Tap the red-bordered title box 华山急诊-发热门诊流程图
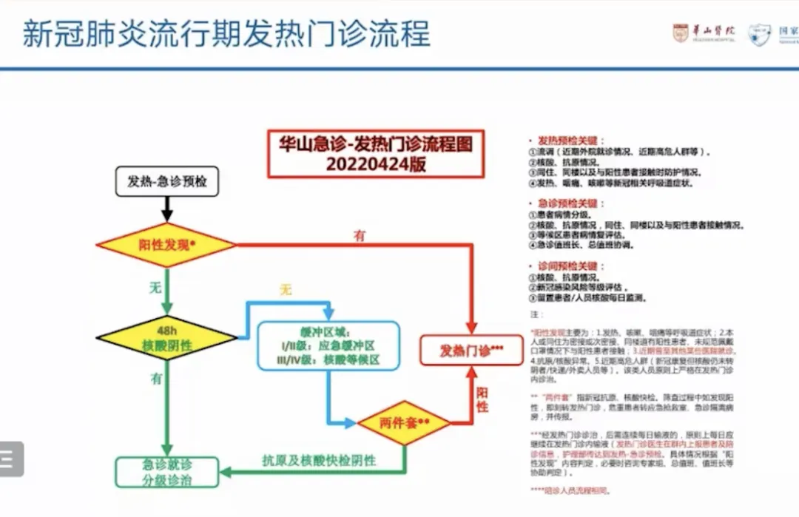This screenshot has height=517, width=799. [376, 154]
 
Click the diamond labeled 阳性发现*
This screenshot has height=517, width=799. [166, 244]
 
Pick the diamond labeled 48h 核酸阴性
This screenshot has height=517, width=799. [166, 338]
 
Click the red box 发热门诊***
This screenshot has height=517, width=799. [471, 351]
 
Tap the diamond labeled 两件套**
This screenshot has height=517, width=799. [404, 424]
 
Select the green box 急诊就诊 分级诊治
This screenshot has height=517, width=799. [167, 472]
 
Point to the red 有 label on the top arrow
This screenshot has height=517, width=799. [360, 235]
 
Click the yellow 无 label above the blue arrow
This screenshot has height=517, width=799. [285, 290]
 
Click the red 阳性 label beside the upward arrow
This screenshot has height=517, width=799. [482, 399]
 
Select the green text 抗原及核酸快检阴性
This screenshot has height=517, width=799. [319, 460]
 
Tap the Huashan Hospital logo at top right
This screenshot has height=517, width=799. [704, 33]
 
